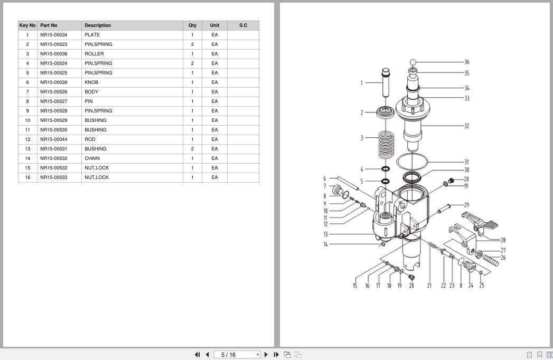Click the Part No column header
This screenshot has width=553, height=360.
(x=49, y=25)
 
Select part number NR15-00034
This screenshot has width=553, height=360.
(x=54, y=35)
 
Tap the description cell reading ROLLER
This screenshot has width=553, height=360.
(x=94, y=54)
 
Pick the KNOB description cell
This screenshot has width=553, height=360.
(x=91, y=82)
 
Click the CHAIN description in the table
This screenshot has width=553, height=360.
(x=92, y=158)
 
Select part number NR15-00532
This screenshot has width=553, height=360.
(x=54, y=158)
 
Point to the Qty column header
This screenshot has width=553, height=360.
(x=192, y=25)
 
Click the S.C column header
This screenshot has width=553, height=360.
(x=243, y=25)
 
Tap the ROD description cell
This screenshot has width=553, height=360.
(x=90, y=139)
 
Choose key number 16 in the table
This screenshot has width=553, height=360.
(x=27, y=177)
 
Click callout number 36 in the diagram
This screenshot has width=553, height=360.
(x=467, y=62)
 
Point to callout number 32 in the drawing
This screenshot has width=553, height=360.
(x=466, y=126)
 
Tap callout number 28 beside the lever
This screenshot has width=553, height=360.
(x=503, y=241)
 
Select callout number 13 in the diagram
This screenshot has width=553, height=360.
(x=325, y=234)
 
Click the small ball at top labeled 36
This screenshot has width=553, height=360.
(x=413, y=62)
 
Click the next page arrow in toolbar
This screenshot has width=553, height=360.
(x=266, y=355)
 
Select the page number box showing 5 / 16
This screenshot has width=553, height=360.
(x=237, y=355)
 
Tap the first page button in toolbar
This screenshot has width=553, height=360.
(x=198, y=355)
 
